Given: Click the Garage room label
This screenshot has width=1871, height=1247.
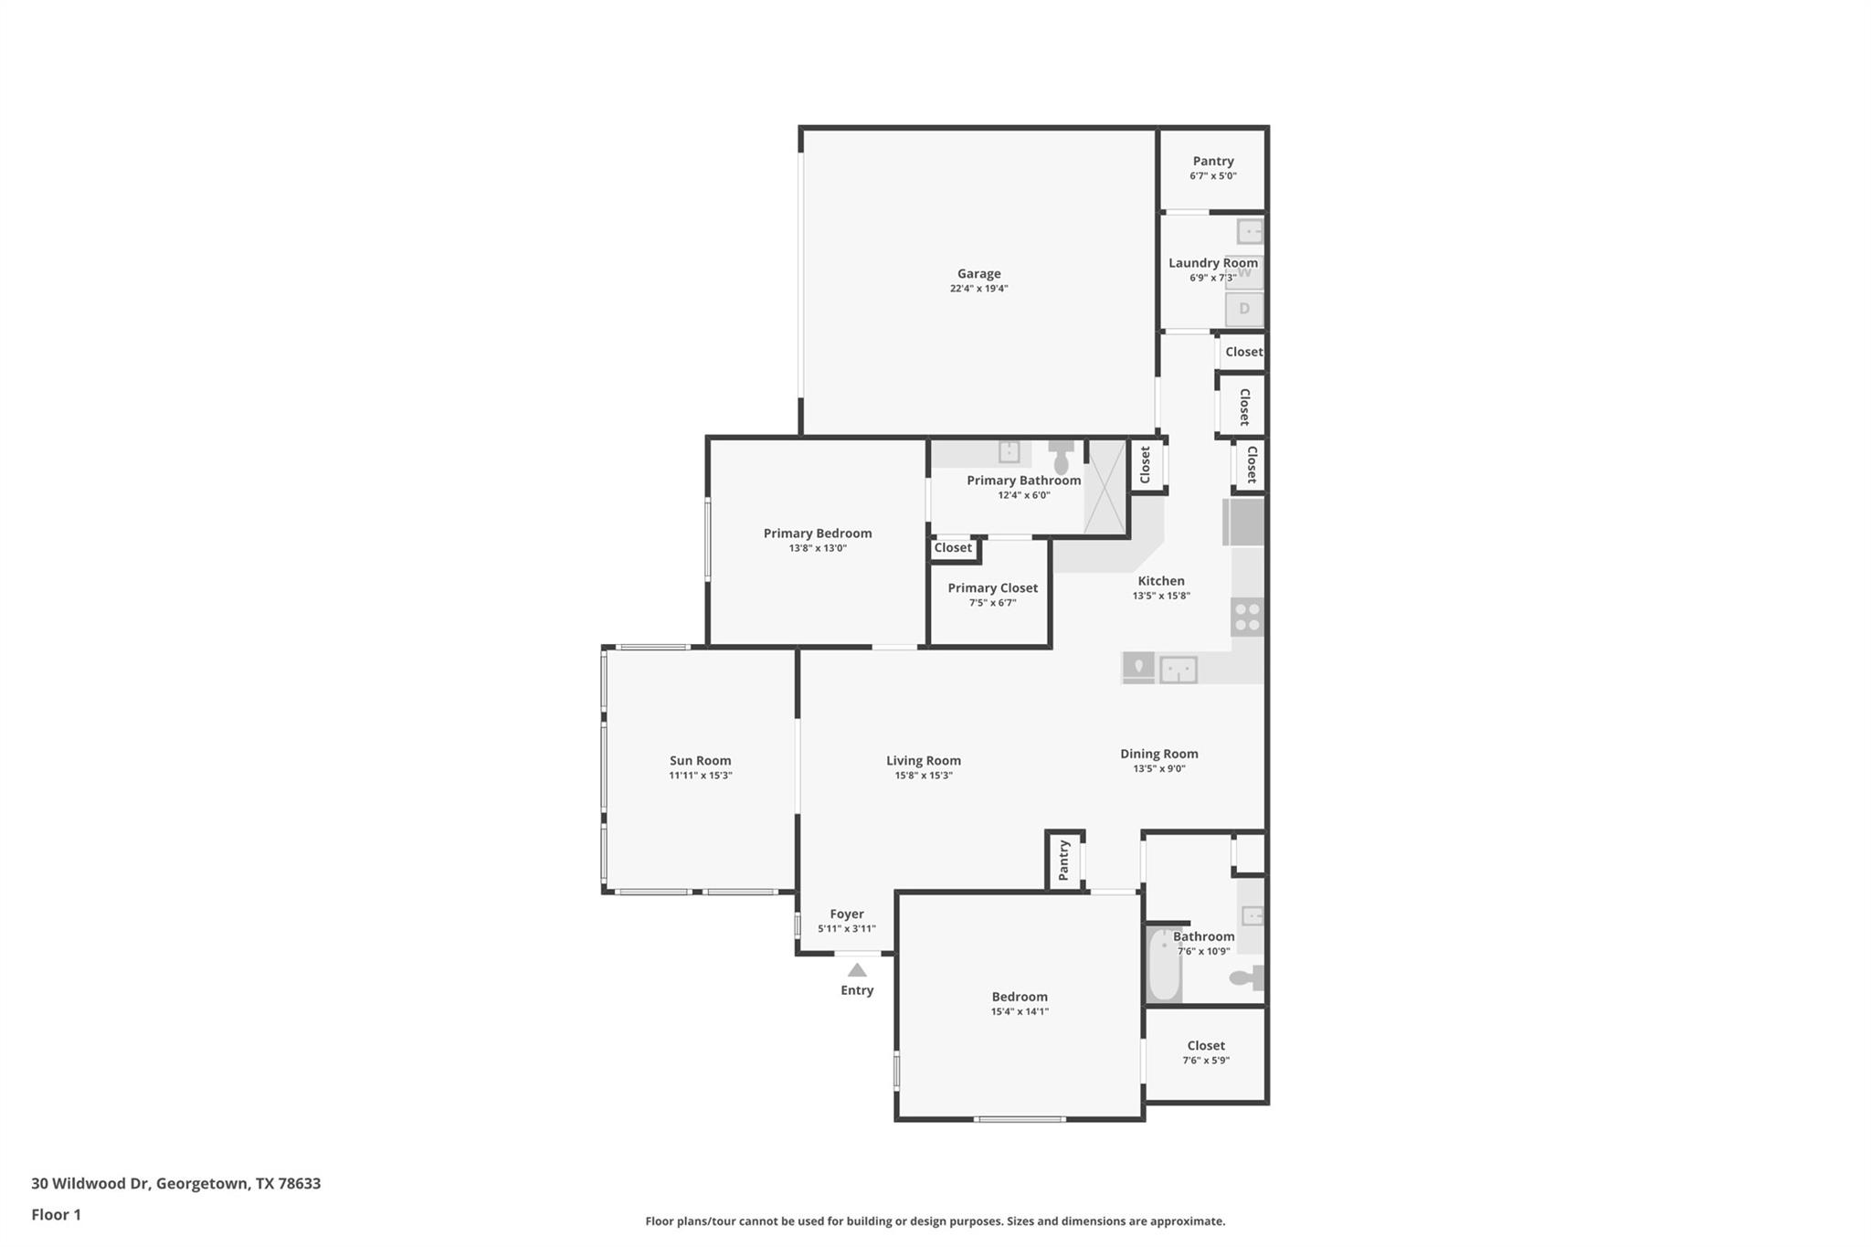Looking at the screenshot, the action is (x=978, y=273).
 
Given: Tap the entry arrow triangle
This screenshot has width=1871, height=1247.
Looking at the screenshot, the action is (x=857, y=970).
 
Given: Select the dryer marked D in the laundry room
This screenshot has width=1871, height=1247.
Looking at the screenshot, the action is (x=1243, y=309).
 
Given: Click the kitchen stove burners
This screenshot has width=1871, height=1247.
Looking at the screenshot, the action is (x=1247, y=617).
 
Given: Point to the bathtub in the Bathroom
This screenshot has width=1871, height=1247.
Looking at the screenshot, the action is (x=1164, y=964).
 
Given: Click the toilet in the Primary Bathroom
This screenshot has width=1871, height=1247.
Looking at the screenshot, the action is (x=1061, y=458).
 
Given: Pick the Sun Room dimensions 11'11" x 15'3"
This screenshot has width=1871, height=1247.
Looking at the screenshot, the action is (x=701, y=776).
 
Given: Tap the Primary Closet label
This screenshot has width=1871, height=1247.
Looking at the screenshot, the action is (x=993, y=588).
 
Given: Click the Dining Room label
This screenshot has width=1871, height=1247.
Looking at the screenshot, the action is (x=1159, y=754).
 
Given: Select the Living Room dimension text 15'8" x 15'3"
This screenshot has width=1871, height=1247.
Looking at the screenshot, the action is (x=924, y=776).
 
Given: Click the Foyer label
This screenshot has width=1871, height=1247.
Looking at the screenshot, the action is (x=847, y=914).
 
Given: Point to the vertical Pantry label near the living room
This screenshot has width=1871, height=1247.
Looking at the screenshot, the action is (x=1063, y=861).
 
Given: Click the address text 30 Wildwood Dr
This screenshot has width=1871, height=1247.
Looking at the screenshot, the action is (x=90, y=1183).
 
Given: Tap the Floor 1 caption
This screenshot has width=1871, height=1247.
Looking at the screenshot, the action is (x=56, y=1214).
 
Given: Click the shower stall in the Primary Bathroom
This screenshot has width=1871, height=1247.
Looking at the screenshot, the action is (x=1105, y=487).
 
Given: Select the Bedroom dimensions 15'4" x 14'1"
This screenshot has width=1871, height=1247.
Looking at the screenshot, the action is (x=1020, y=1011).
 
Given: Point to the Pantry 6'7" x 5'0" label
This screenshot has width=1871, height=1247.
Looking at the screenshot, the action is (x=1213, y=161).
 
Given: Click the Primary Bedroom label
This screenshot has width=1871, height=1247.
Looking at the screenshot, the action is (x=818, y=534).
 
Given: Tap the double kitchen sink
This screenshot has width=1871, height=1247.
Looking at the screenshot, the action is (x=1179, y=670).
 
